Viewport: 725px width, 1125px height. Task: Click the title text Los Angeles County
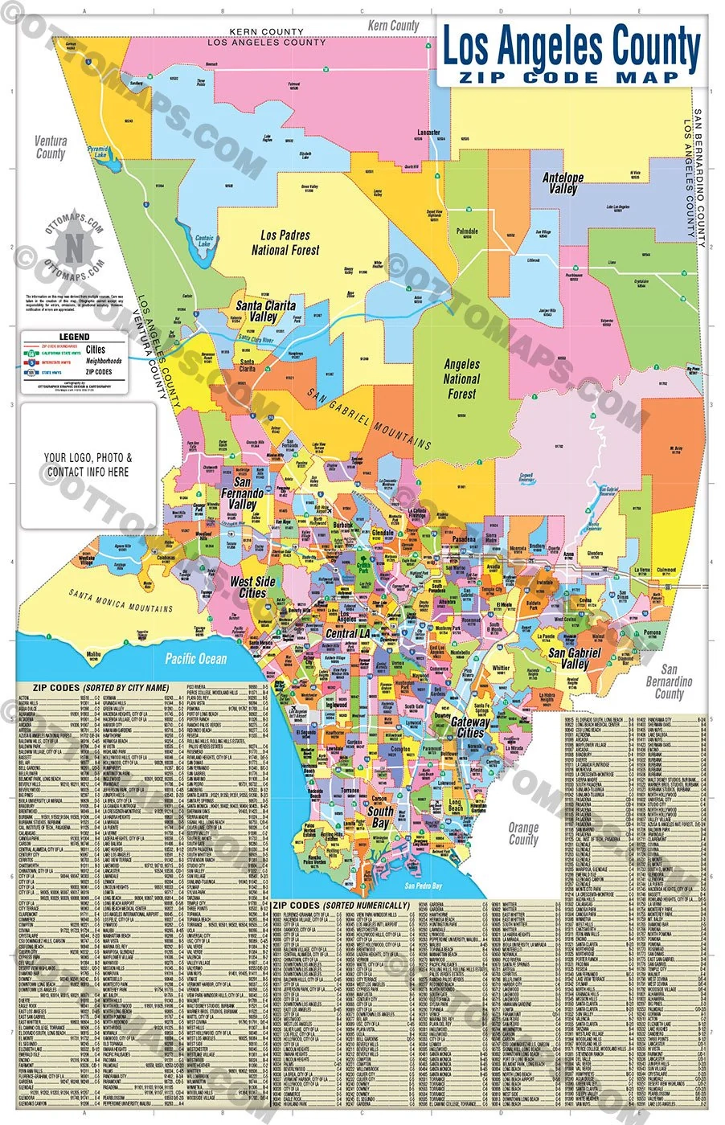(571, 47)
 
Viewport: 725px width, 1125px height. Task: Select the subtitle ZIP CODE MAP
(571, 78)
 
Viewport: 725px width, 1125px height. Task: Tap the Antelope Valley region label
(563, 182)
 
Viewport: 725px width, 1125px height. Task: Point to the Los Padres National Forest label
(285, 243)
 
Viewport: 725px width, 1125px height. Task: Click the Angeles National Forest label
(462, 379)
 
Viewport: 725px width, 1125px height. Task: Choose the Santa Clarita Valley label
(264, 311)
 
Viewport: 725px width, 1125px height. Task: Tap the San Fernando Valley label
(242, 493)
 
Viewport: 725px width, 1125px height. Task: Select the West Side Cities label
(252, 587)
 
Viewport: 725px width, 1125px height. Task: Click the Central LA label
(347, 633)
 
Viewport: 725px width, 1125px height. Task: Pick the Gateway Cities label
(470, 727)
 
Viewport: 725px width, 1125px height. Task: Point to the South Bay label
(380, 816)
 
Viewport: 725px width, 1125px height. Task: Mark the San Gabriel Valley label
(574, 659)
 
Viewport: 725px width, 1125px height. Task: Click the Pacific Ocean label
(196, 659)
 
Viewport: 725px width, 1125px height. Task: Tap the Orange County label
(523, 833)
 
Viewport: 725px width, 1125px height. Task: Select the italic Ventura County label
(51, 147)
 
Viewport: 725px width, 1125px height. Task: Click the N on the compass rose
(74, 247)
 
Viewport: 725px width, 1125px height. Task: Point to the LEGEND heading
(75, 337)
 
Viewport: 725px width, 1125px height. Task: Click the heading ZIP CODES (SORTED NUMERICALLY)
(342, 906)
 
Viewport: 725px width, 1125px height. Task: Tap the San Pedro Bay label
(423, 886)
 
